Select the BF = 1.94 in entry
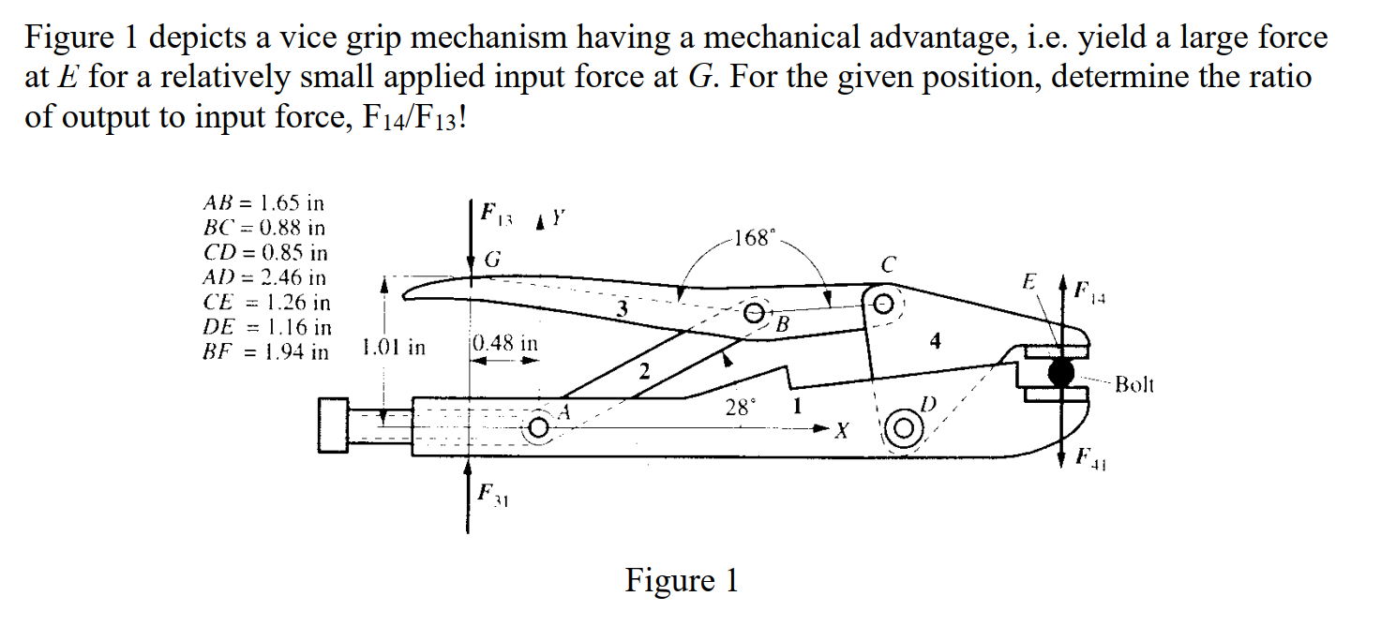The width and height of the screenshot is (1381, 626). click(x=266, y=352)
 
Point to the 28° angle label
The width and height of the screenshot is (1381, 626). click(x=741, y=409)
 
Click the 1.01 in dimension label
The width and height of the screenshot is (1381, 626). click(x=393, y=349)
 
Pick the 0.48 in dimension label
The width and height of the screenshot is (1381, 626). click(x=505, y=343)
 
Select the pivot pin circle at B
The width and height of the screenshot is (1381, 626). click(x=756, y=313)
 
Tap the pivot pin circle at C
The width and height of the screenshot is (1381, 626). click(x=882, y=305)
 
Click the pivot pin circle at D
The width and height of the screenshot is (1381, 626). click(x=904, y=428)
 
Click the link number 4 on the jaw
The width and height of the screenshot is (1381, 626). click(x=934, y=342)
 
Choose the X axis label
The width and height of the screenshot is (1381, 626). click(x=842, y=431)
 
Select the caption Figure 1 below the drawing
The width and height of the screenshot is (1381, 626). click(x=682, y=581)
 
